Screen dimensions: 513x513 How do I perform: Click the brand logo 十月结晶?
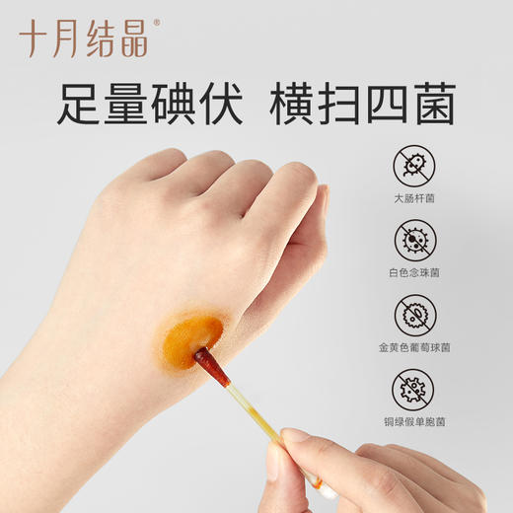[83, 38]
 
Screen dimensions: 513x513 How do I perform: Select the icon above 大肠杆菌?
[413, 167]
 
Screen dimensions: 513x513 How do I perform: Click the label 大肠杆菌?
[413, 197]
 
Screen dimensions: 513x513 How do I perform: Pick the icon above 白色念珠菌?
[413, 241]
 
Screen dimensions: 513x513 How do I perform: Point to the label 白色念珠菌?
[413, 272]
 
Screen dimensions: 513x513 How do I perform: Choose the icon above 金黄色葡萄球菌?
[413, 315]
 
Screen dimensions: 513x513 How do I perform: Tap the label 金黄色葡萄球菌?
[413, 347]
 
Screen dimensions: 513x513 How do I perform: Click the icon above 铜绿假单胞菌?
[413, 389]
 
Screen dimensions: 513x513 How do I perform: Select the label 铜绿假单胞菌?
[413, 421]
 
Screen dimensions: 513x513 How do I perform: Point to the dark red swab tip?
[211, 366]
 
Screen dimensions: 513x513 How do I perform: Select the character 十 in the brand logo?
[34, 38]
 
